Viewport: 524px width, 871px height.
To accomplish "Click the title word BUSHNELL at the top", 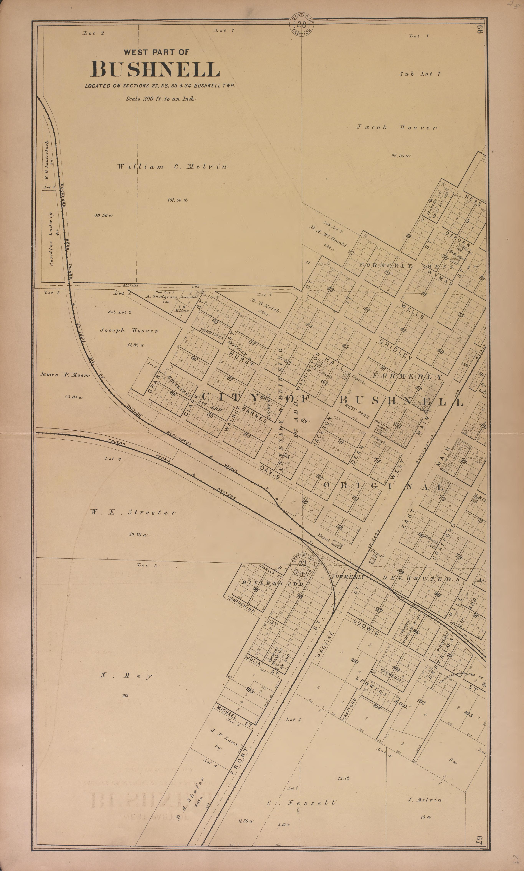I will pos(155,69).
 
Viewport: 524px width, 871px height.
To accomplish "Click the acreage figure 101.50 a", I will pos(177,200).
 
